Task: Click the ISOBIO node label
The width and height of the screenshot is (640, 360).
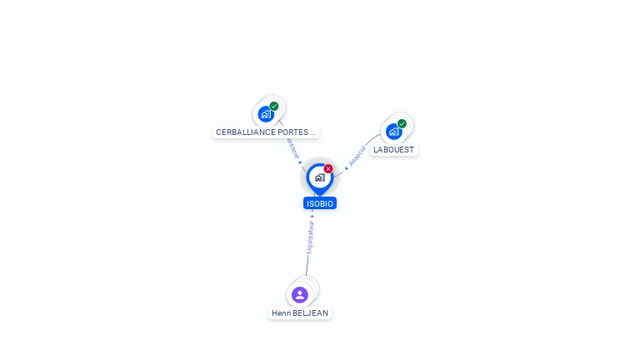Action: point(320,203)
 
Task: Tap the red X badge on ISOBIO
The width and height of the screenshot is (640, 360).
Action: point(328,169)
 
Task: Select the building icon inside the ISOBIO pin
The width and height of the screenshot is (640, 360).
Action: point(319,177)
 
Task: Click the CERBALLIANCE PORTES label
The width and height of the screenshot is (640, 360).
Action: point(266,132)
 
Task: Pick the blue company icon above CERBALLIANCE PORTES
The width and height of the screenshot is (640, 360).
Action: point(266,113)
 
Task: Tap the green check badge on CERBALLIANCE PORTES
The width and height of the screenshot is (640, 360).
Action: point(274,106)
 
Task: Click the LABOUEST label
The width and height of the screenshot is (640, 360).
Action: point(393,150)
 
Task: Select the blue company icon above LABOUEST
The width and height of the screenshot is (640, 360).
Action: point(394,131)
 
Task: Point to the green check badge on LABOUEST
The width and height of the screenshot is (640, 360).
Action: point(402,123)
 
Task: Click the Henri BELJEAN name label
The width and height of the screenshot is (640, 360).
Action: point(300,313)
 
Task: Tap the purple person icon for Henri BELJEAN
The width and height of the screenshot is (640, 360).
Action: point(300,294)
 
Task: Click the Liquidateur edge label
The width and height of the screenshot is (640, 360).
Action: point(310,237)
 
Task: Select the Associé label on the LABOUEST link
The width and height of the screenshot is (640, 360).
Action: point(357,156)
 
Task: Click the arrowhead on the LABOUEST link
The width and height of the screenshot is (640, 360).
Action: point(346,168)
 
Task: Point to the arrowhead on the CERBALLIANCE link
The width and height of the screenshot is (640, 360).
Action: point(300,162)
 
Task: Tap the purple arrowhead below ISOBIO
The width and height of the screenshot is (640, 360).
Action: point(312,214)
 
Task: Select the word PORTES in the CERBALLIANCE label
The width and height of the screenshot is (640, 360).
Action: point(296,132)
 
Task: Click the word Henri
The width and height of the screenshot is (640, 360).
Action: point(281,313)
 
